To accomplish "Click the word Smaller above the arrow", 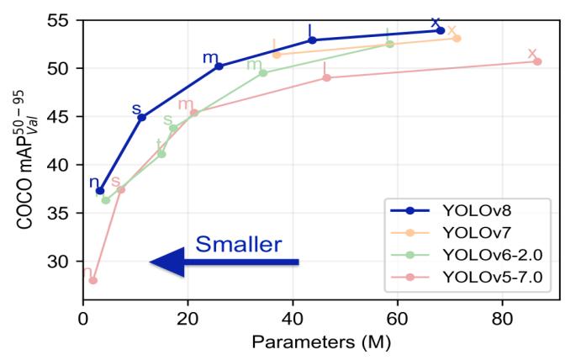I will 238,245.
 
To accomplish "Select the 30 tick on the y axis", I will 65,262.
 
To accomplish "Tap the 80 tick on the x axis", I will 501,320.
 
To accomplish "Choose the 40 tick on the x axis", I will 292,320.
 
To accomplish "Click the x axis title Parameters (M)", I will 319,344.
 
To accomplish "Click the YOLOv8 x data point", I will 441,30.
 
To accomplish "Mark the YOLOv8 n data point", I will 100,191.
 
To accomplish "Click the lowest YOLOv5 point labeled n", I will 93,280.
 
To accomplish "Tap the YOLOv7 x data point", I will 457,38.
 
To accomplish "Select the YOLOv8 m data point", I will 219,66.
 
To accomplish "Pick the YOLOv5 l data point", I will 326,77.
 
